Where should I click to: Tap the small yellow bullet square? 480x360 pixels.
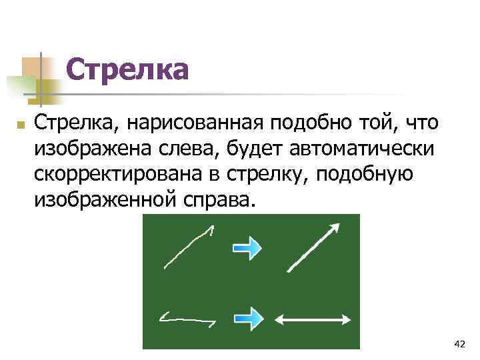(x=21, y=125)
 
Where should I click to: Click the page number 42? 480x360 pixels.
(x=459, y=344)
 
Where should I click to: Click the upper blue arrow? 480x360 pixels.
(x=247, y=248)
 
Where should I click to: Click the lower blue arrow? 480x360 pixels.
(x=247, y=318)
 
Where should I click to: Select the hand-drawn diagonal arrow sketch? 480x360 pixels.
(x=188, y=247)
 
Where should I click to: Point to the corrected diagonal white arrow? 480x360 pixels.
(x=313, y=247)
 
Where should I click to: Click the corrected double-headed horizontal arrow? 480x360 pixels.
(x=313, y=319)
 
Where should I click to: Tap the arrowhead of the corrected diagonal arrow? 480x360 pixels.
(x=335, y=228)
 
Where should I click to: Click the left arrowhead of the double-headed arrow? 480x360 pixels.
(x=279, y=319)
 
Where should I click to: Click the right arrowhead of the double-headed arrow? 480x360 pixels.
(x=347, y=319)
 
